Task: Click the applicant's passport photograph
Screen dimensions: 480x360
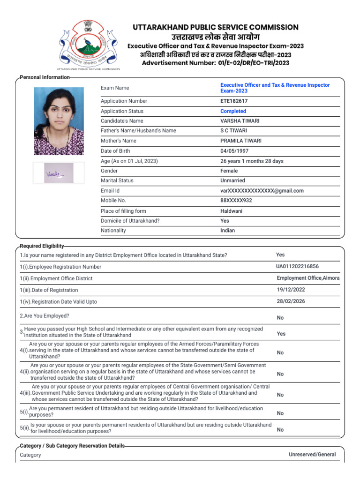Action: (59, 121)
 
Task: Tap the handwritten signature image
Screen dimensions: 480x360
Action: (59, 173)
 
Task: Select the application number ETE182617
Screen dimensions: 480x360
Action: (234, 101)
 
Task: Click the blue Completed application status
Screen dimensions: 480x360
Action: (233, 112)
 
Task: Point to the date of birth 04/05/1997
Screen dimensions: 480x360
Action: (234, 151)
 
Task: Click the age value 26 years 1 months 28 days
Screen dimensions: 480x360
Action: (252, 161)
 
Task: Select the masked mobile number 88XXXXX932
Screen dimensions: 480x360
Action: (236, 201)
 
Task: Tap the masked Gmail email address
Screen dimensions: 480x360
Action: (262, 191)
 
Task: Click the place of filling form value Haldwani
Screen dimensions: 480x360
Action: (232, 211)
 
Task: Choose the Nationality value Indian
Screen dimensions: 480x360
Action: (228, 231)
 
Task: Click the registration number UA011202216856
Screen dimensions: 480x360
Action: (300, 266)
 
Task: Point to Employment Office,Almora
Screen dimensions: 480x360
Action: (308, 278)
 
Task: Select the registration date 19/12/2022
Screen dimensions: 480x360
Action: (291, 290)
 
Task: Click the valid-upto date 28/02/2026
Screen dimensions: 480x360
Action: (291, 301)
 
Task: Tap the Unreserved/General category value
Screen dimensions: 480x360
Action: (312, 455)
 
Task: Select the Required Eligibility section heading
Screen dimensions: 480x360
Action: (42, 246)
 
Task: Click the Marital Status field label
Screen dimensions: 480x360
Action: (117, 181)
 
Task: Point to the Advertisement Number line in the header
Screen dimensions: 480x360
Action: (216, 63)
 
